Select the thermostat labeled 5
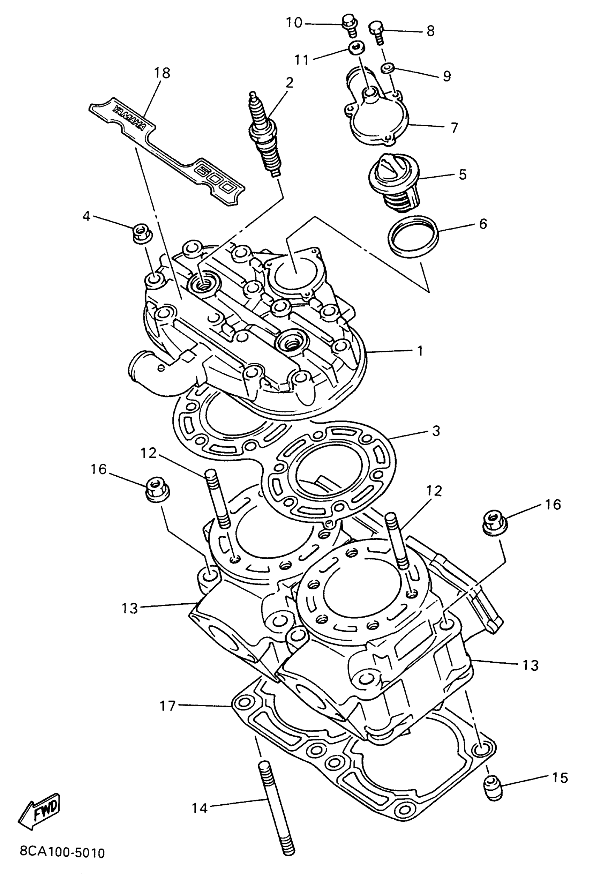393,181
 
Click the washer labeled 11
355,48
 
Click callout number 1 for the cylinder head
420,351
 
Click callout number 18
162,73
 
